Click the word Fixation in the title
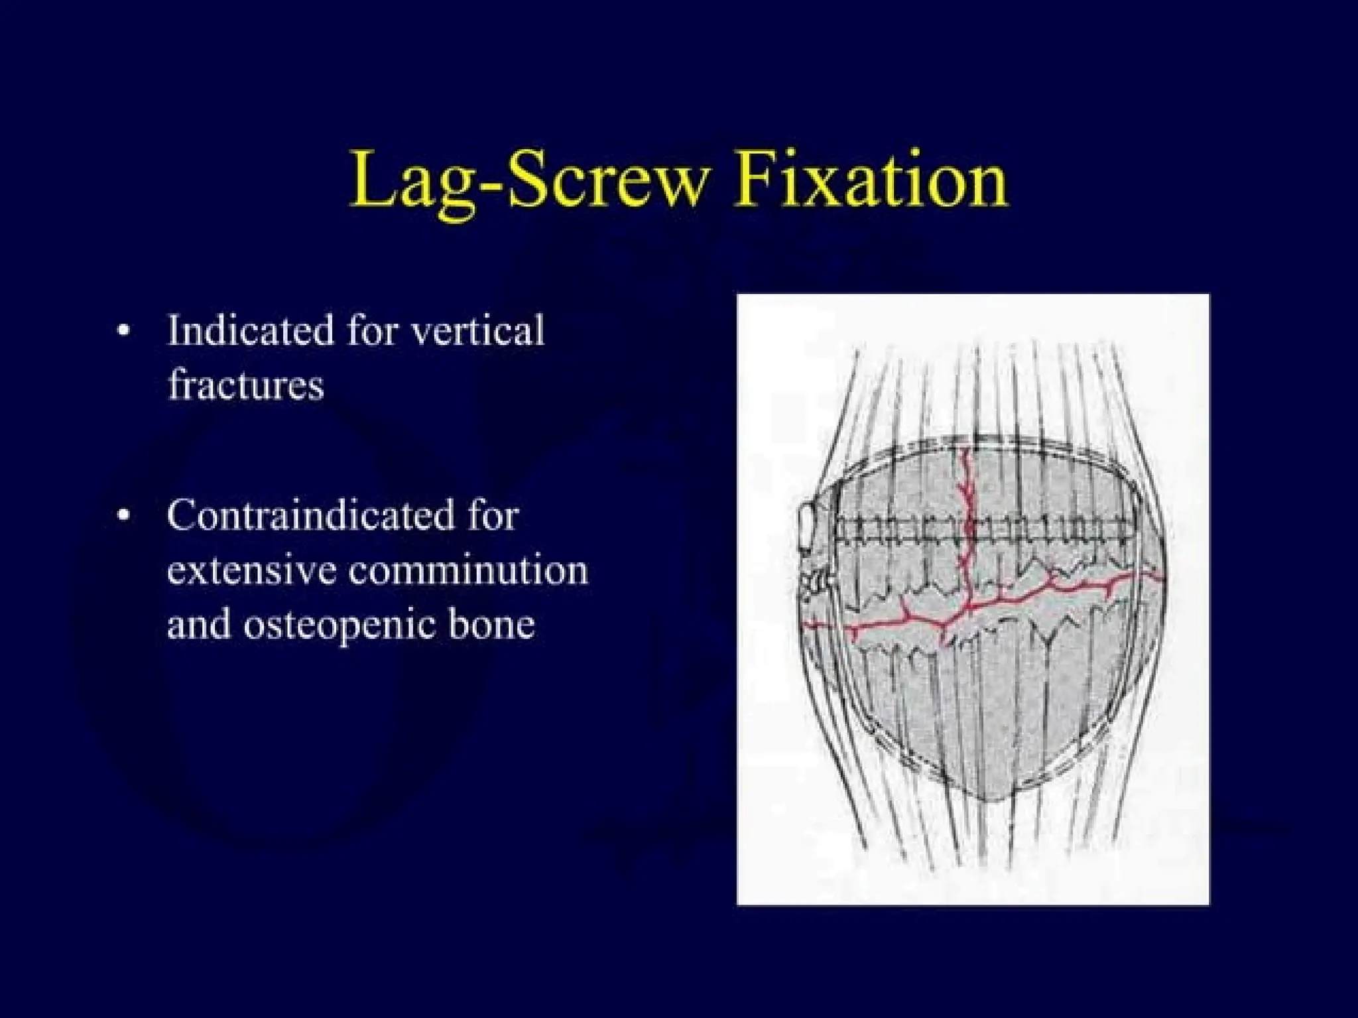pos(871,179)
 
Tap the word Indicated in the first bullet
pos(250,330)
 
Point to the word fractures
pos(245,385)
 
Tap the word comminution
pos(468,570)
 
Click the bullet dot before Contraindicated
pos(122,517)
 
